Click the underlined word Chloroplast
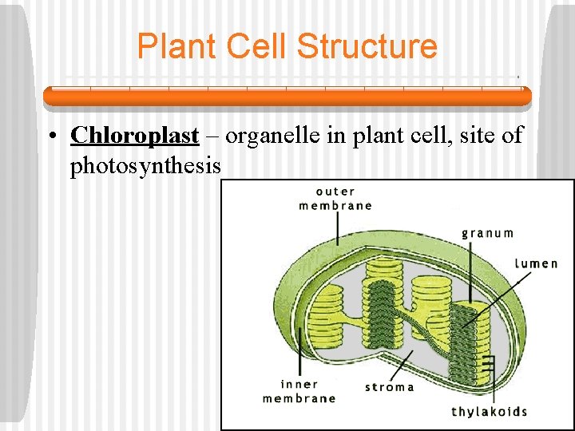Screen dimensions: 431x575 coord(134,135)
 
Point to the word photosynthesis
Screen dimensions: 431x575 coord(145,166)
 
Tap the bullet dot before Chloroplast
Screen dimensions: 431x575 coord(50,136)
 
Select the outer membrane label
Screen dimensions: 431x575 coord(335,199)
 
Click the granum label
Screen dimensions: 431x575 coord(487,233)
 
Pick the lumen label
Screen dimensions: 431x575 coord(536,263)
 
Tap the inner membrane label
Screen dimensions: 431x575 coord(299,391)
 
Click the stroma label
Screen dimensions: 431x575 coord(389,387)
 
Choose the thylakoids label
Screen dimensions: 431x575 coord(489,412)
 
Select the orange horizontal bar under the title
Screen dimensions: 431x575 coord(287,97)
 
